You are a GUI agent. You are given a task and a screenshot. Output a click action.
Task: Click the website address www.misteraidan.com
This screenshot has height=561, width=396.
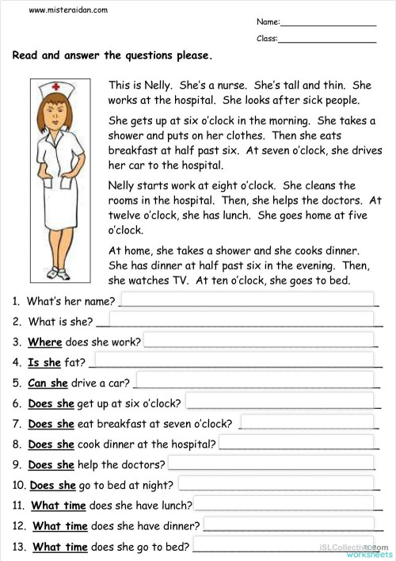(x=68, y=10)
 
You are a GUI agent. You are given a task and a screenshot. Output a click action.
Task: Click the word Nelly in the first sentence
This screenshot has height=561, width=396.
(x=158, y=85)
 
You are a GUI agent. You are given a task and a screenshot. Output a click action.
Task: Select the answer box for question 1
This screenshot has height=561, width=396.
(x=246, y=300)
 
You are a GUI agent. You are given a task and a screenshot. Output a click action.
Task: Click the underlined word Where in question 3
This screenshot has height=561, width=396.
(x=44, y=342)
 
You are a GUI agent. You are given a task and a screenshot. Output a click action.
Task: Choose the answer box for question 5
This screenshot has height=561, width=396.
(x=254, y=382)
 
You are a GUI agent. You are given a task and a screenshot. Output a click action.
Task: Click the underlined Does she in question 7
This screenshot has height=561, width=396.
(x=51, y=423)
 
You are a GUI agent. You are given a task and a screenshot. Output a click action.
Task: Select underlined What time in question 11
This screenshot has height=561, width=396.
(x=59, y=506)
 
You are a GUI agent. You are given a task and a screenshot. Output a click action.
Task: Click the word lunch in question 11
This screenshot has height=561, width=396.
(x=173, y=506)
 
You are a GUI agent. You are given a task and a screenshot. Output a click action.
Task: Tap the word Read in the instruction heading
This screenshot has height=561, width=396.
(x=25, y=55)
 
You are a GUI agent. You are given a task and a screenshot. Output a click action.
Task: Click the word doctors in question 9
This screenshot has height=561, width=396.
(x=146, y=464)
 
